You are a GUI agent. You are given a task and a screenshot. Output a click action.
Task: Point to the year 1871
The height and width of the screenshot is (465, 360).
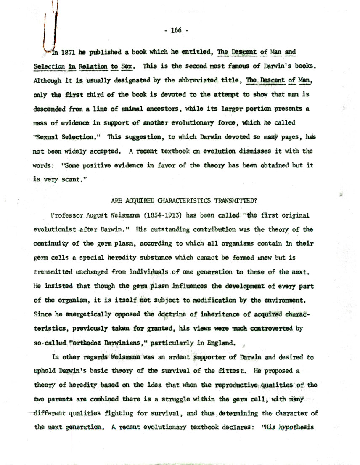[x=69, y=53]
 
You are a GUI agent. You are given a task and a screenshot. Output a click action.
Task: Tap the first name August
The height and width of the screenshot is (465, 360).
[x=98, y=215]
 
